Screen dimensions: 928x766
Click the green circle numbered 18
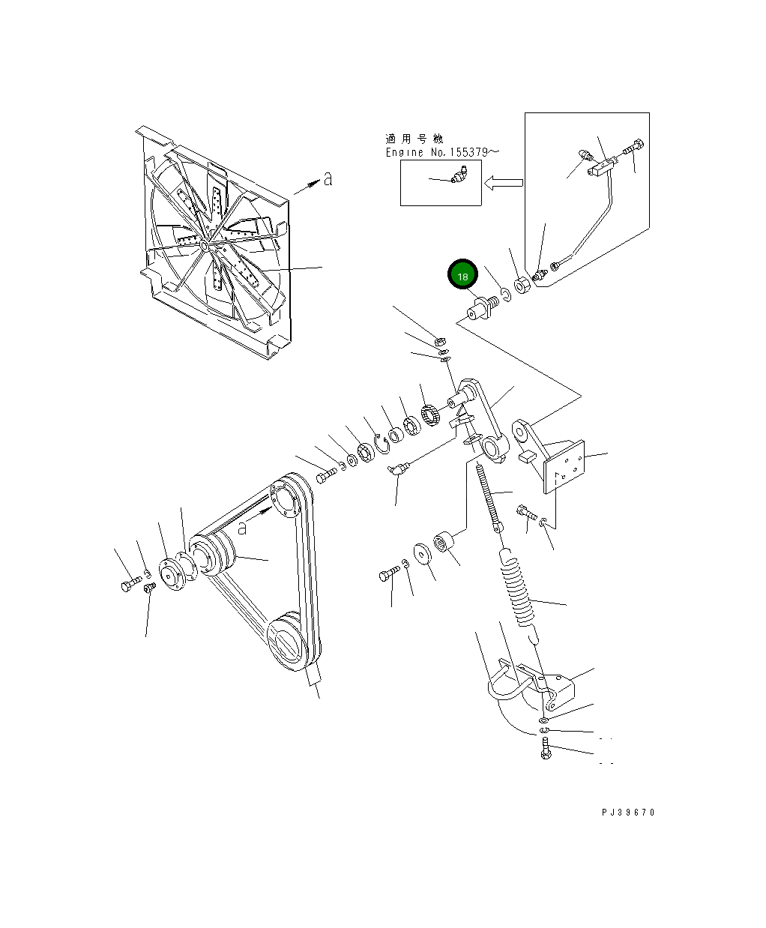(x=462, y=275)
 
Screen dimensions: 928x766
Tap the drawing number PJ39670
(x=627, y=813)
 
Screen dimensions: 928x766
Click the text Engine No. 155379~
(x=442, y=152)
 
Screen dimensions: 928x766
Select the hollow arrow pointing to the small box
(x=504, y=181)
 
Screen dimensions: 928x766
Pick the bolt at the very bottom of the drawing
(x=546, y=750)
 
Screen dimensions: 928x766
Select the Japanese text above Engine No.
(x=414, y=139)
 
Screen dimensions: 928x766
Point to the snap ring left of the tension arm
(x=382, y=445)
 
